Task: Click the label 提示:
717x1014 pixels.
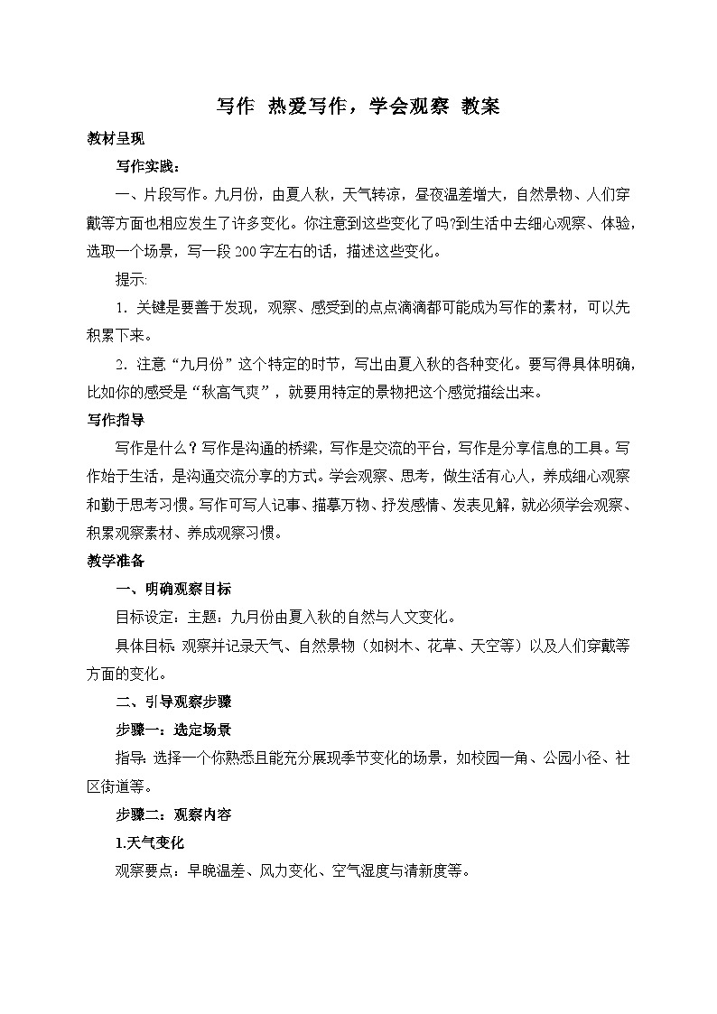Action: [x=132, y=279]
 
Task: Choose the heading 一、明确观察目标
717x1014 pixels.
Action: [x=174, y=589]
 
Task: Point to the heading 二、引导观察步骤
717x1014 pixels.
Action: [x=174, y=702]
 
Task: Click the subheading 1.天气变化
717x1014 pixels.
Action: [x=150, y=842]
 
